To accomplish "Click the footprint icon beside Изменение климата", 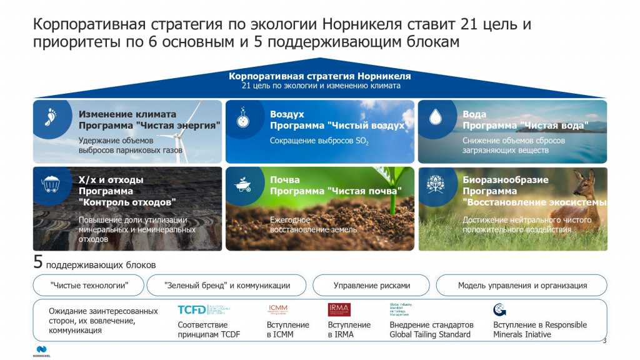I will tap(50, 117).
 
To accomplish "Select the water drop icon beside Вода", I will tap(435, 117).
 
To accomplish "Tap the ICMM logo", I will tap(277, 309).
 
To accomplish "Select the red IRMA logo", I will tap(339, 309).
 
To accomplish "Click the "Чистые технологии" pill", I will tap(88, 285).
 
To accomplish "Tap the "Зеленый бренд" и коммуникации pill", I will tap(227, 285).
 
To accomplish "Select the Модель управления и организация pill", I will tap(522, 285).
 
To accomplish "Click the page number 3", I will tap(604, 341).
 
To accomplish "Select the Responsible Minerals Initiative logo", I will tap(499, 309).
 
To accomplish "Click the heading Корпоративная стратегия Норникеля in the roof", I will tap(319, 76).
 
